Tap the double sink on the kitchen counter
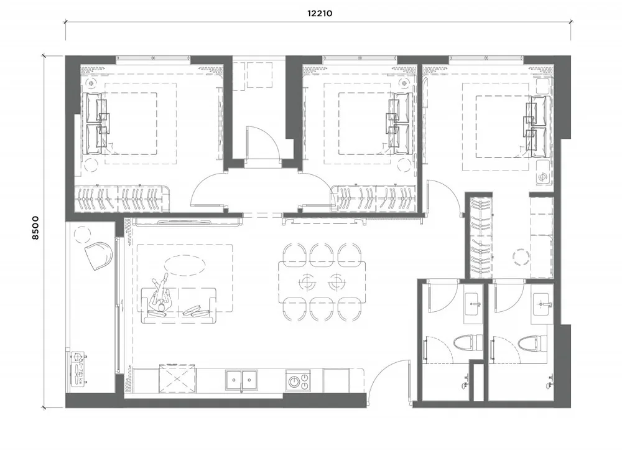click(242, 379)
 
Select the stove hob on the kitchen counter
click(298, 380)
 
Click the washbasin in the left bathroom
click(475, 305)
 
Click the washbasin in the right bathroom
click(542, 305)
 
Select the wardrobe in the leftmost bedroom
click(122, 199)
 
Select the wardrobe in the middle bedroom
click(374, 199)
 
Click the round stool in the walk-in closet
click(519, 256)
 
